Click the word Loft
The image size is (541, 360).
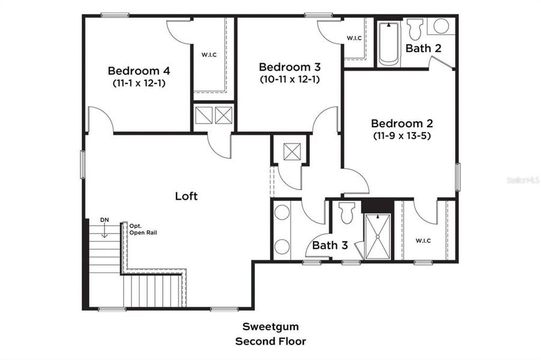pos(186,196)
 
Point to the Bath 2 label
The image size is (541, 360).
pos(423,48)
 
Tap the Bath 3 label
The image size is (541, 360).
pos(330,245)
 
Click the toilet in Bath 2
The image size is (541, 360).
pos(414,29)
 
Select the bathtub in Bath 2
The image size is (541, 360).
pos(389,43)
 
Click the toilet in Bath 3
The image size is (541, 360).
pos(346,213)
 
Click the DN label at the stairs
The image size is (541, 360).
pos(104,220)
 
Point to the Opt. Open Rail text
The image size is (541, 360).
pos(143,229)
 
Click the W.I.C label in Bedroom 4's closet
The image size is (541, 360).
pos(209,55)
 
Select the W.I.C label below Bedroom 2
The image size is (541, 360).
pos(423,241)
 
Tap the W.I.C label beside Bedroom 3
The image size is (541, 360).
pos(354,38)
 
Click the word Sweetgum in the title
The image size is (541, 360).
pos(270,327)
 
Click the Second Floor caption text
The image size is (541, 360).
pos(270,341)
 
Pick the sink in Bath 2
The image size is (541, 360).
pos(441,26)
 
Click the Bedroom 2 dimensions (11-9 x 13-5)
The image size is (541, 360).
pos(402,136)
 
